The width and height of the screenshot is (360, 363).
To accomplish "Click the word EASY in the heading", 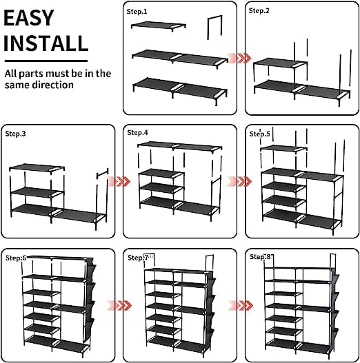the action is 29,18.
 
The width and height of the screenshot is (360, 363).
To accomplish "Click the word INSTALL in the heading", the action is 46,43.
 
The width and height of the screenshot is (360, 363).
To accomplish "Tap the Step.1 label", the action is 137,12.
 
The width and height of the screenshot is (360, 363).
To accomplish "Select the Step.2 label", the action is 259,10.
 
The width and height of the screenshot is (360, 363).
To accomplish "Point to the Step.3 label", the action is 15,134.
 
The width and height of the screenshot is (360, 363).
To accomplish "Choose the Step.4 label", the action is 137,133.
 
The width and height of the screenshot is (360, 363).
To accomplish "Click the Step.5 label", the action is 259,134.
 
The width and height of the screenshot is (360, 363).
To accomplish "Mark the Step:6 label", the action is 17,258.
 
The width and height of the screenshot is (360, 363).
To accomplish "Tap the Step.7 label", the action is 138,258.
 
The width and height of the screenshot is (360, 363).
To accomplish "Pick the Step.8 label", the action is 260,257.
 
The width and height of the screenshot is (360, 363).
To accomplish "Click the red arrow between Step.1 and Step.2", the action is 239,58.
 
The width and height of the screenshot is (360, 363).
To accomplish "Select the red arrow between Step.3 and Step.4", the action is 119,181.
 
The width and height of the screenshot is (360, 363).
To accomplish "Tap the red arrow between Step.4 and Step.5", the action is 239,181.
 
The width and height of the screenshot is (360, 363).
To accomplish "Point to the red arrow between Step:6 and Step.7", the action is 119,305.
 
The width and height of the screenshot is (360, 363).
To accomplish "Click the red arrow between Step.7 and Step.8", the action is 241,305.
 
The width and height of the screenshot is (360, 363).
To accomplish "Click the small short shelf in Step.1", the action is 159,25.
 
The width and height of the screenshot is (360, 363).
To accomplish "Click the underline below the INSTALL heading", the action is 46,61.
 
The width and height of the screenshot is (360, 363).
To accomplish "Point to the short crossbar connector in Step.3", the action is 103,174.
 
